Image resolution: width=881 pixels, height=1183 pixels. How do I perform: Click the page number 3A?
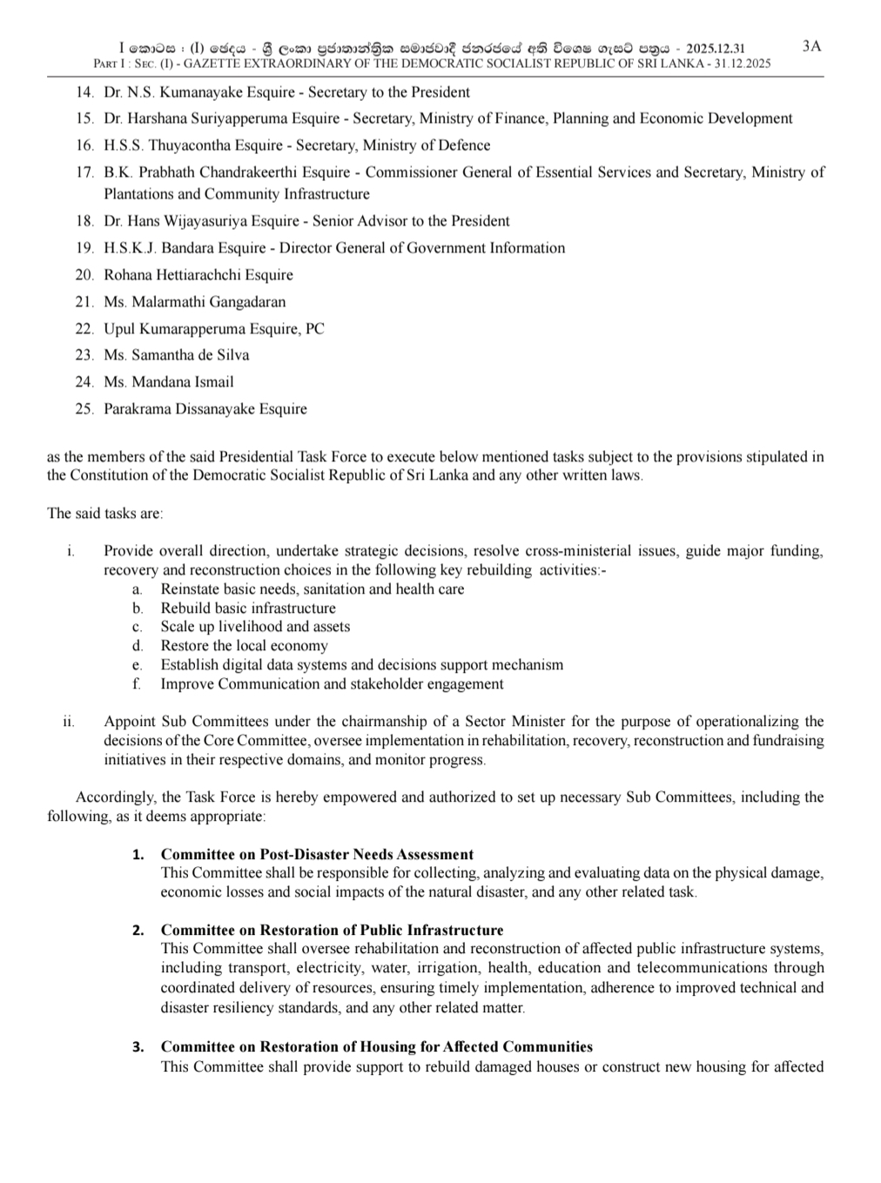point(810,46)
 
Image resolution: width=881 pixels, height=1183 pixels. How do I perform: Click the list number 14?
point(84,92)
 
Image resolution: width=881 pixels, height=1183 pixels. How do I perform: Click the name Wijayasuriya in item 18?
point(205,221)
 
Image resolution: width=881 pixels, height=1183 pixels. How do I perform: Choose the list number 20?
point(84,275)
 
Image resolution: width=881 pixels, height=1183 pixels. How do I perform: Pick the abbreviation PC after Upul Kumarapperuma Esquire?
point(314,329)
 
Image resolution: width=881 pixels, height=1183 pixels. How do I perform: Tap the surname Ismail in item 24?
point(214,382)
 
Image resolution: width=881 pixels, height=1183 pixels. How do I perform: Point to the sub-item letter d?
point(138,646)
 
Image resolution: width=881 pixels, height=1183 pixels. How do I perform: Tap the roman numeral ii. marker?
point(69,722)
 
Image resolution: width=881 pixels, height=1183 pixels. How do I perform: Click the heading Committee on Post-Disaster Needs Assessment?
point(317,854)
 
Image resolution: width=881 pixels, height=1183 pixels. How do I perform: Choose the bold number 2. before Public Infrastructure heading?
point(138,931)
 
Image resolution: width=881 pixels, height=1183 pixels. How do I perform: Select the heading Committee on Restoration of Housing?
point(376,1046)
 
